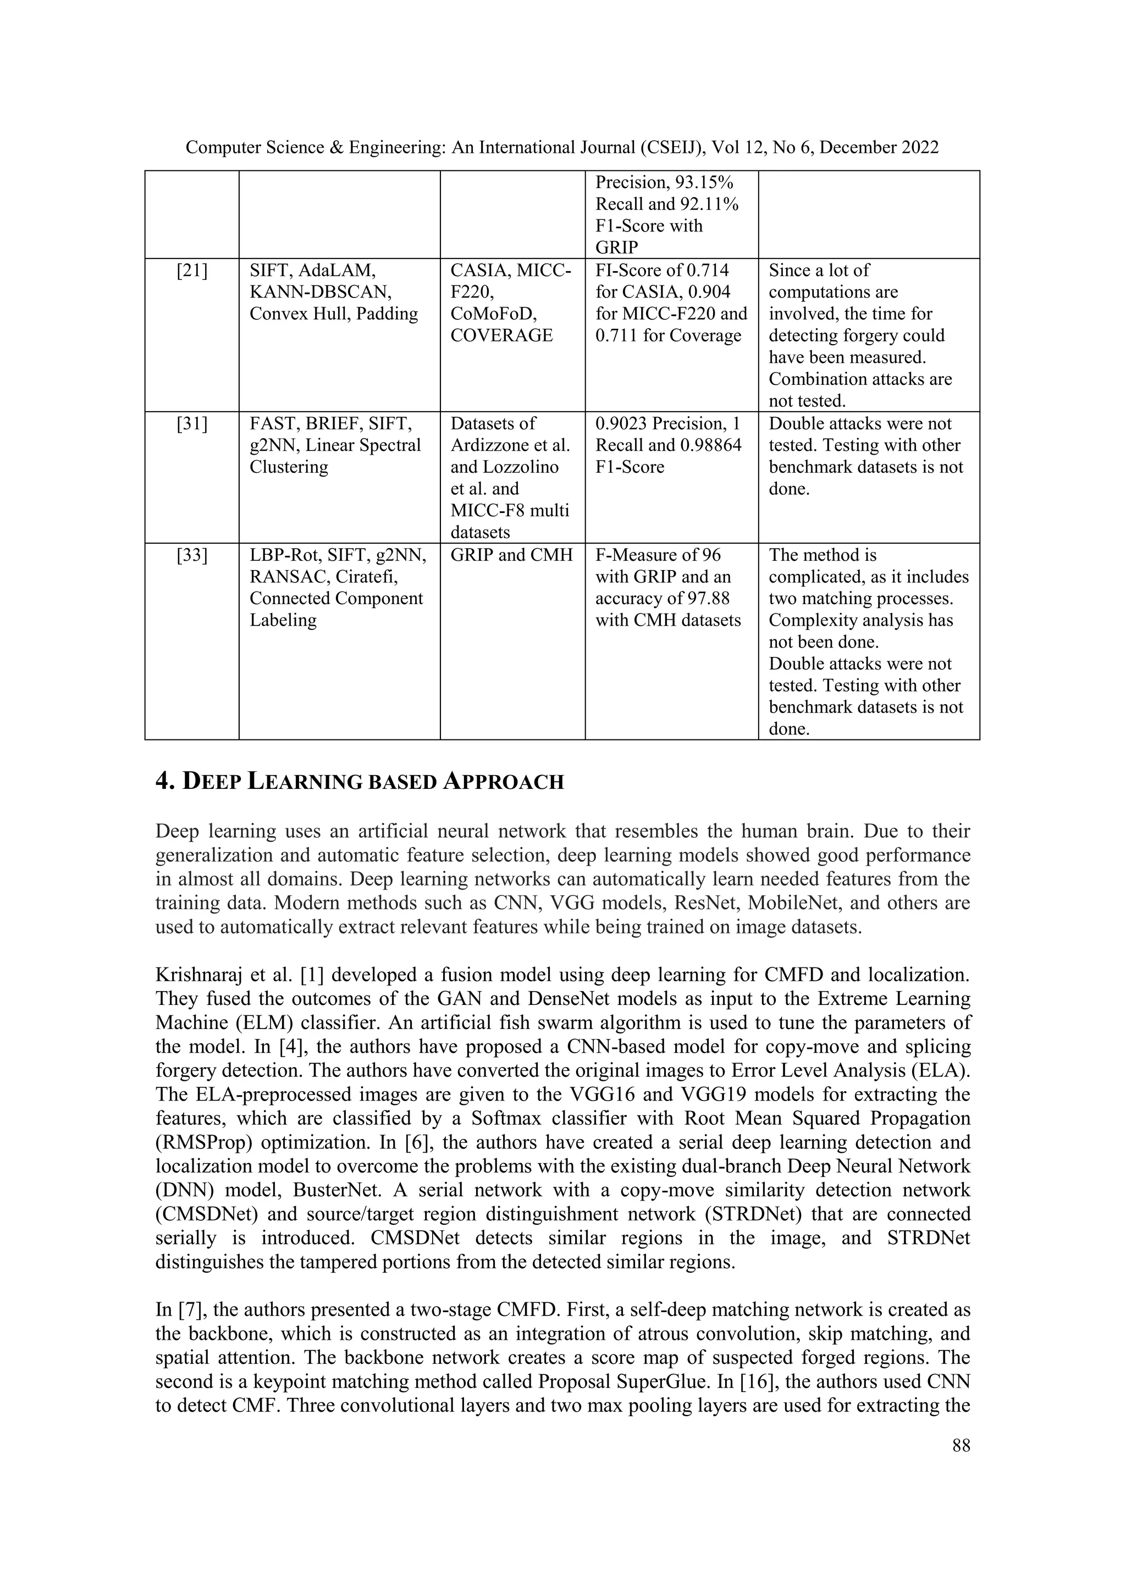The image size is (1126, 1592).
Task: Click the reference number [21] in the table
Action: click(x=191, y=271)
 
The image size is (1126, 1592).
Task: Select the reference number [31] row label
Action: click(x=191, y=424)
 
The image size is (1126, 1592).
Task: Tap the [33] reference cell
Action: click(x=191, y=555)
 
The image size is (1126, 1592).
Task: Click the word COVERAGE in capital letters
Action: click(x=501, y=335)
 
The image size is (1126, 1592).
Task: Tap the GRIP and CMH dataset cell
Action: click(x=512, y=555)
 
